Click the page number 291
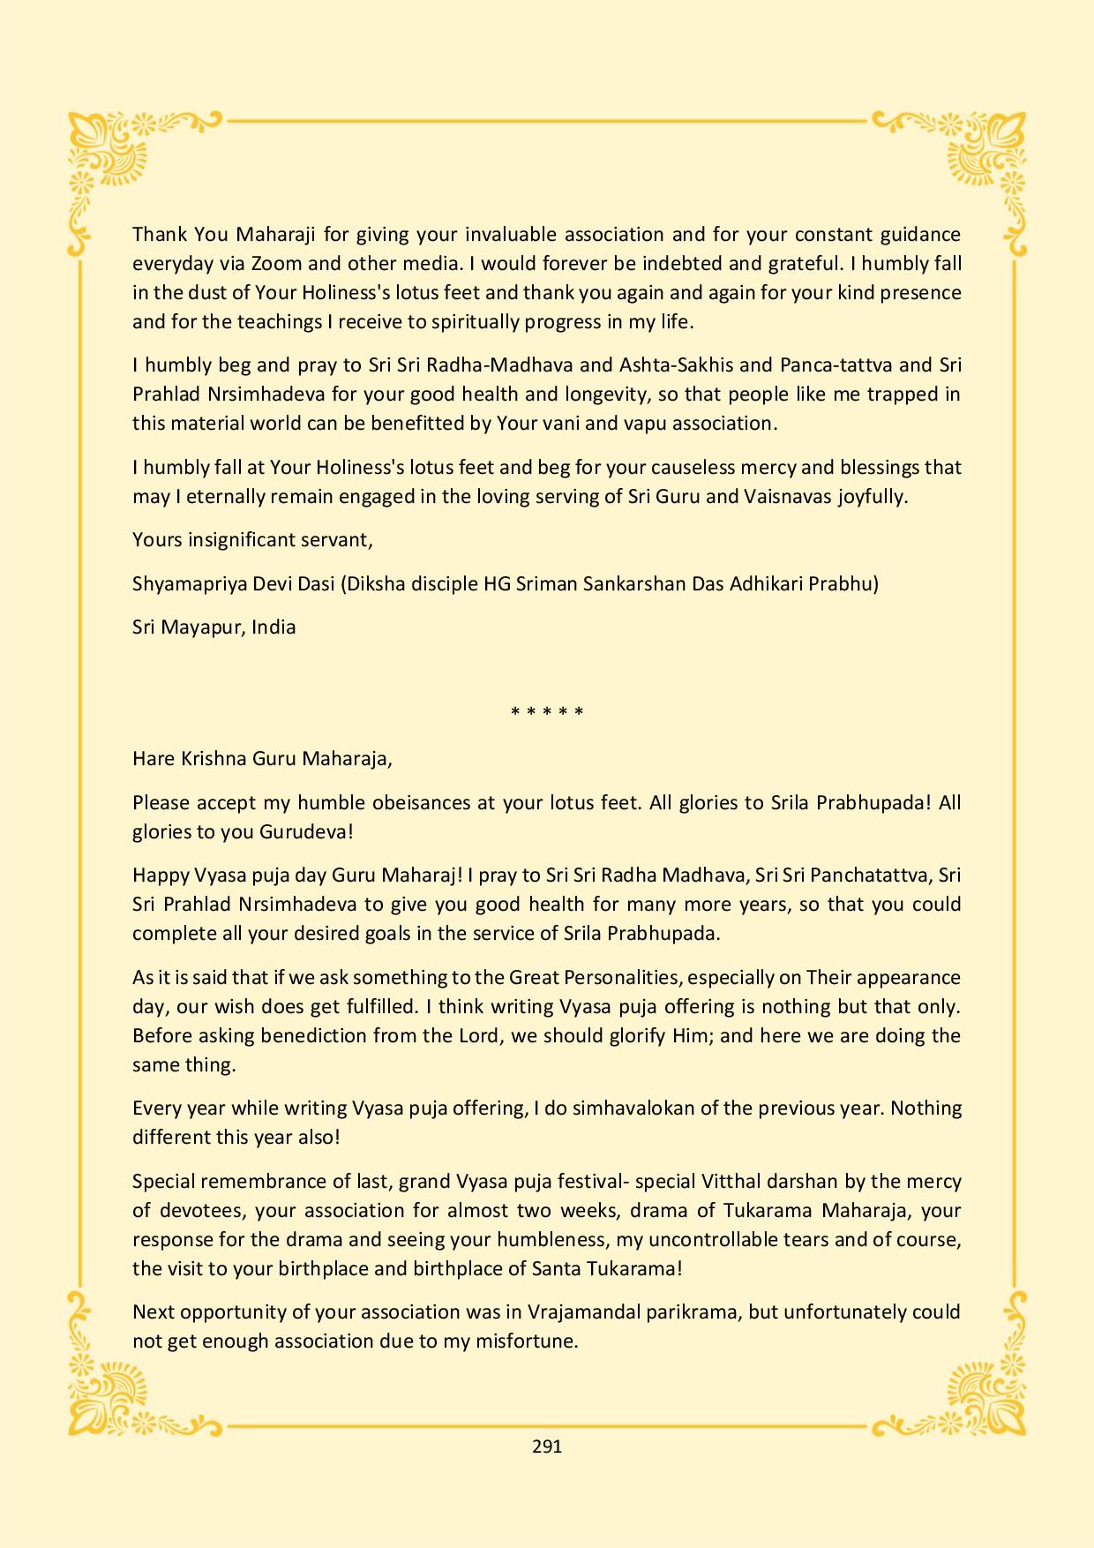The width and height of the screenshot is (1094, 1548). (547, 1447)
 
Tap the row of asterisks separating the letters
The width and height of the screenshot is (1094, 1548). (547, 711)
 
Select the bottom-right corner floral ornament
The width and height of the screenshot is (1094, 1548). (984, 1390)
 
